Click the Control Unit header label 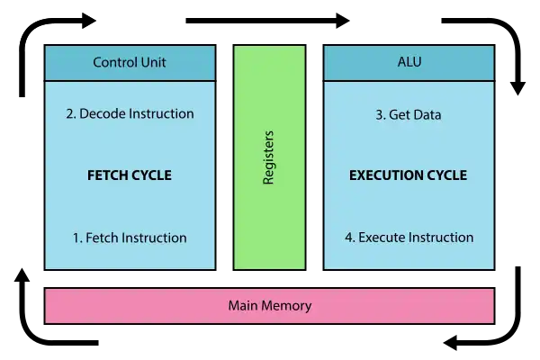130,63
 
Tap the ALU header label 409,63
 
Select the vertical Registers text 268,158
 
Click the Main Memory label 270,306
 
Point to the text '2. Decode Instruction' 130,114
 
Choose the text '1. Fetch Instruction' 130,238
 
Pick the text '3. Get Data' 409,115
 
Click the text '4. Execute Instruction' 409,238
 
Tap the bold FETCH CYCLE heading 130,175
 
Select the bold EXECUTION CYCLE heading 409,175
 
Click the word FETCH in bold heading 108,175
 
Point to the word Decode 103,114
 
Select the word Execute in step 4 382,238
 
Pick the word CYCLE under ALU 447,175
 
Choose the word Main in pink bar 243,306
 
